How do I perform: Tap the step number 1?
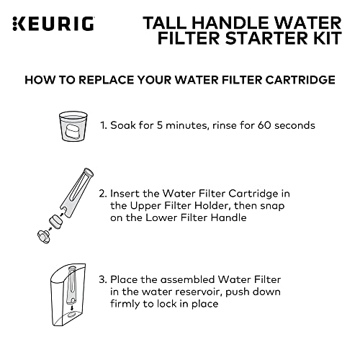[x=103, y=125]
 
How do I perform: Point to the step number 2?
[x=103, y=193]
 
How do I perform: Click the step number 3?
[x=103, y=280]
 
